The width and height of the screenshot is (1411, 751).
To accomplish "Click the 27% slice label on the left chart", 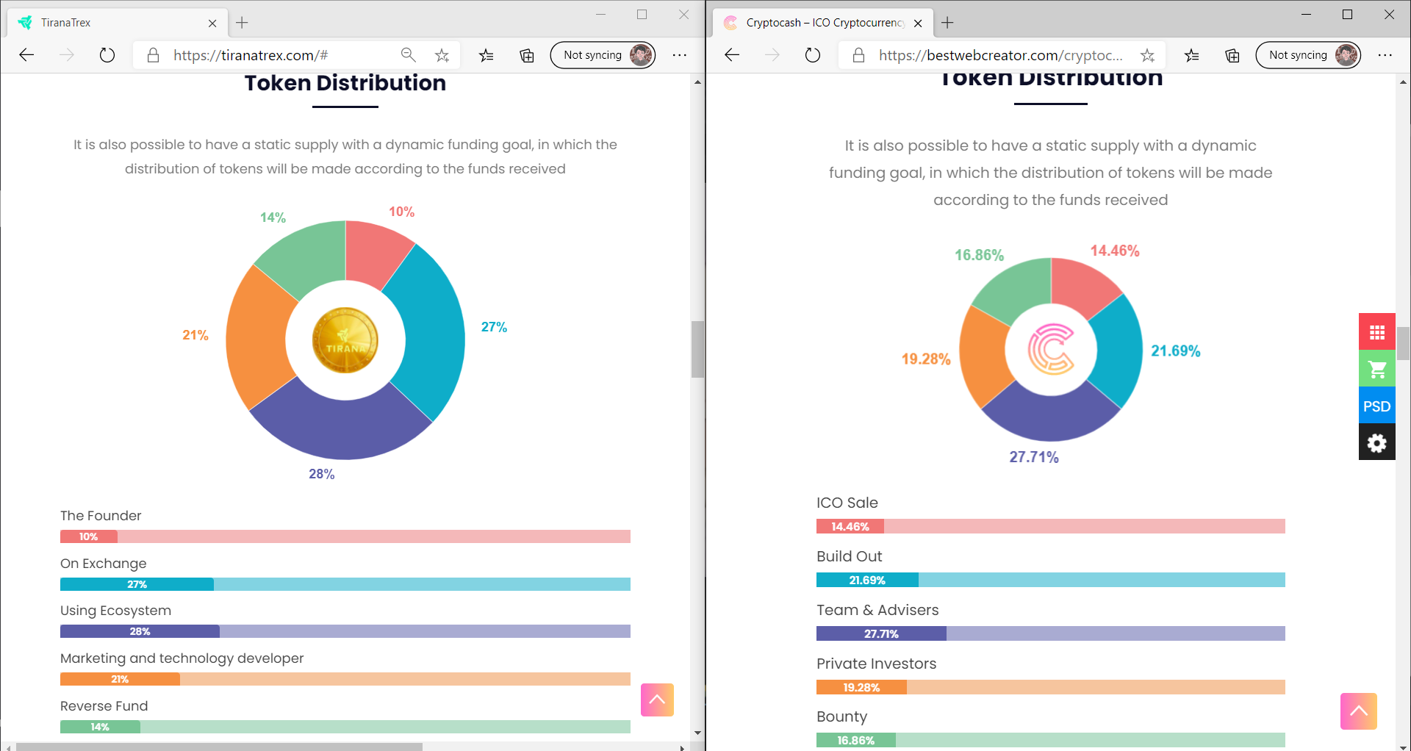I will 494,327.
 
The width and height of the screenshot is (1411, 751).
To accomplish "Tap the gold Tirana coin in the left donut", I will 345,340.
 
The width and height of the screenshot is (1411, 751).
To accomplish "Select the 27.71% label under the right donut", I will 1033,457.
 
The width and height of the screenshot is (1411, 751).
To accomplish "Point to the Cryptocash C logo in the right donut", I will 1051,349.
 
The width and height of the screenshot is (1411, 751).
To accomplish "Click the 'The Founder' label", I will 101,516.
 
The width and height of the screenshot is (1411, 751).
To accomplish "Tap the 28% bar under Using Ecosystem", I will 140,631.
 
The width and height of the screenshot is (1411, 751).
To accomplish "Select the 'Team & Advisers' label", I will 877,610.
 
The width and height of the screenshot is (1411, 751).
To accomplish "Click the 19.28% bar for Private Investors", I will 861,688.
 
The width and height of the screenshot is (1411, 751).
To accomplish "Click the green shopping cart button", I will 1376,369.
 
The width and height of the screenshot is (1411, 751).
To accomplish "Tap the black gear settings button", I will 1376,442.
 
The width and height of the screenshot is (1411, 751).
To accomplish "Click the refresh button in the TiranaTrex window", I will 107,55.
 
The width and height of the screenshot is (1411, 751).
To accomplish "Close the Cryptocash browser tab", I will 918,23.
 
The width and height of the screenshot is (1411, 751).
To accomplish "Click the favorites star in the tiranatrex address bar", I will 442,55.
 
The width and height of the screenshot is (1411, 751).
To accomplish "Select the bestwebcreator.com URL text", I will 1000,55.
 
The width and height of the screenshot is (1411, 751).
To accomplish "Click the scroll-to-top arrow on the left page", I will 657,700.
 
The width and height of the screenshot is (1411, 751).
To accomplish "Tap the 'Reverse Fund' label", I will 104,706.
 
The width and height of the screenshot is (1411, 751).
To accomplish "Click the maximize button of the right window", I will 1347,15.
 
